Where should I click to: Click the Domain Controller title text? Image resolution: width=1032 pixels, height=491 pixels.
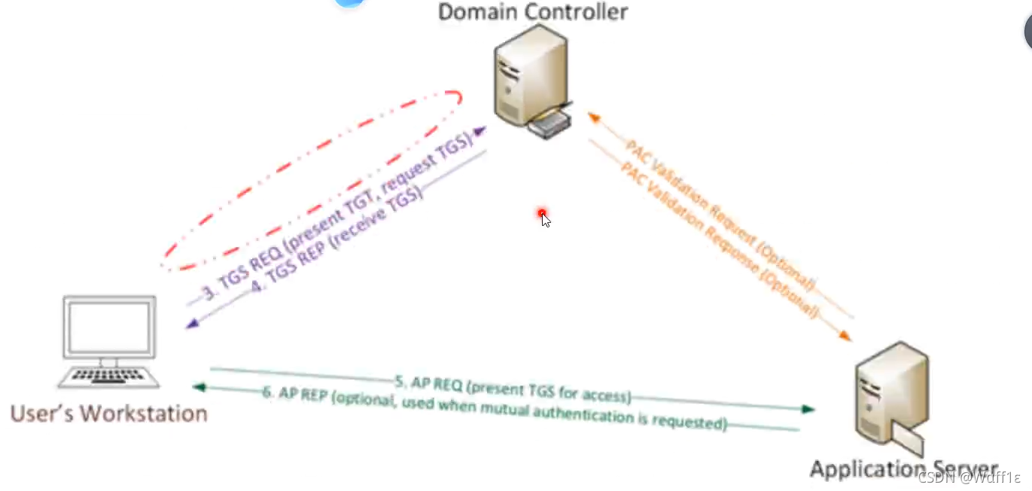533,12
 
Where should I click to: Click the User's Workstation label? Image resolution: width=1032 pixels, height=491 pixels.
108,413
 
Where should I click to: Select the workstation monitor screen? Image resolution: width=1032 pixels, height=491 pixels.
110,328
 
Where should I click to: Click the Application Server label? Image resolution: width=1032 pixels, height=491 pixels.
903,468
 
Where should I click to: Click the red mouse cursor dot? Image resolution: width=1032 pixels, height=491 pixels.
542,214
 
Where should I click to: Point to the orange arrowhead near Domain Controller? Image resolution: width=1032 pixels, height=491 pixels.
593,117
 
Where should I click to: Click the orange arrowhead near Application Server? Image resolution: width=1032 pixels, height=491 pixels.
845,335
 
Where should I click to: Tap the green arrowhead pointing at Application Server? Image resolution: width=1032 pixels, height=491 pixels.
808,410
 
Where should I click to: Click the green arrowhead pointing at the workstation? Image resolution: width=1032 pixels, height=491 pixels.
199,387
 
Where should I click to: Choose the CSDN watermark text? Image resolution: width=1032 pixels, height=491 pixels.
969,477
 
